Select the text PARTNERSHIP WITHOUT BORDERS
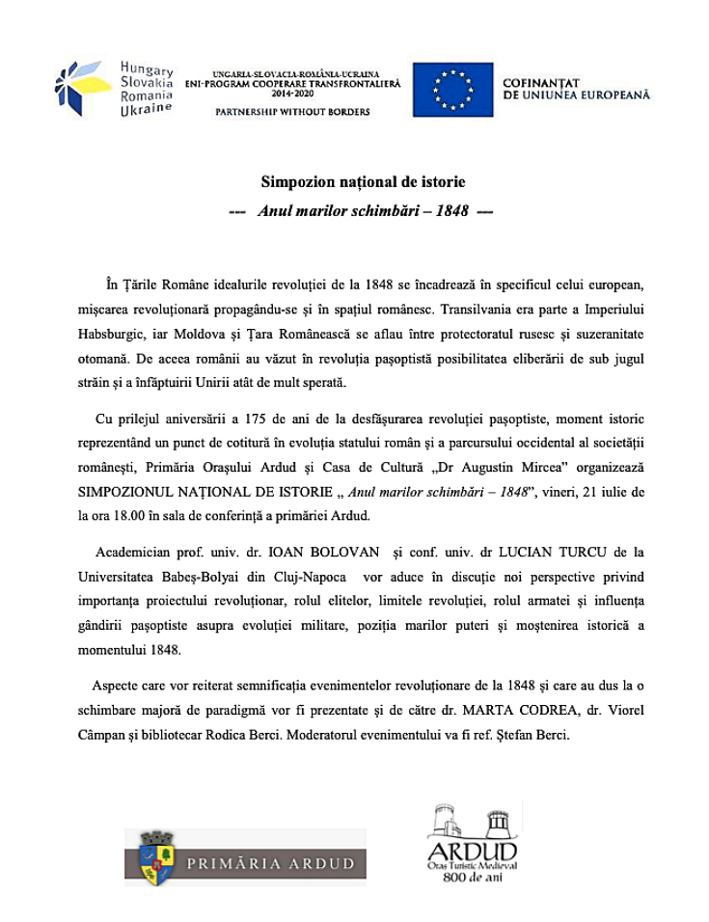[291, 113]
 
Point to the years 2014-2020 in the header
[293, 95]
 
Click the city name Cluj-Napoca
[301, 578]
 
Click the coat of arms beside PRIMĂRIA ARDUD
[155, 855]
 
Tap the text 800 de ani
[473, 879]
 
